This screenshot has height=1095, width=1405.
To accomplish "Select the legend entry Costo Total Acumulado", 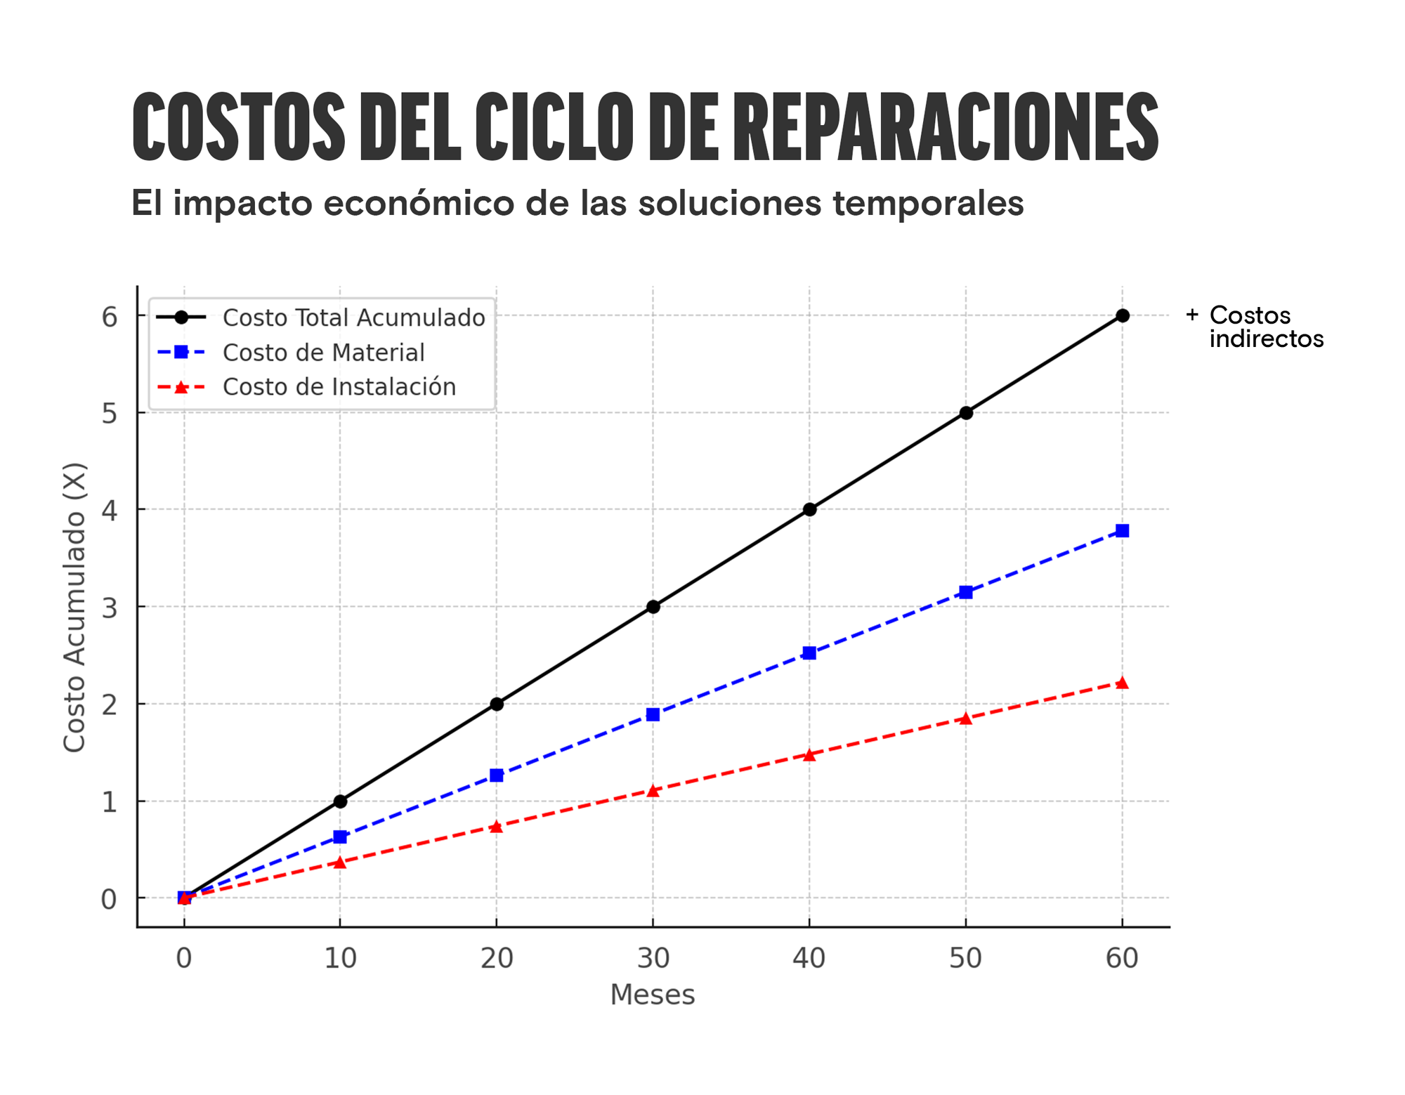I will [x=353, y=317].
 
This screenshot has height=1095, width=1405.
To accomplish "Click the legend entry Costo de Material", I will [x=323, y=353].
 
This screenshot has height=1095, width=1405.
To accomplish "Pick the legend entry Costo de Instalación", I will [x=339, y=387].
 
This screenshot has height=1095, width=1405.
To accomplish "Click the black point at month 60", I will [x=1123, y=316].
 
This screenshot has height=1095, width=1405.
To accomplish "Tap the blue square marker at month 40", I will [x=809, y=653].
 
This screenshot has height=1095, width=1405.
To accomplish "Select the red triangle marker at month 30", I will [x=653, y=791].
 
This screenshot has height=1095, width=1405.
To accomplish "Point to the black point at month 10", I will [x=340, y=801].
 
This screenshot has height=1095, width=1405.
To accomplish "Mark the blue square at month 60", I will [x=1123, y=531].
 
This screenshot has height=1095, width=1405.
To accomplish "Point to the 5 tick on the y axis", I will [x=109, y=414].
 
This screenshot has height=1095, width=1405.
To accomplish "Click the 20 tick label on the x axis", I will [x=497, y=959].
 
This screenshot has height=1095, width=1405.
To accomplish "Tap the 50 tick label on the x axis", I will [x=966, y=959].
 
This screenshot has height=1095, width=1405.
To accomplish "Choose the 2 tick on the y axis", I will [x=109, y=704].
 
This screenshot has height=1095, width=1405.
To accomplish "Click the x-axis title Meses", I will [x=653, y=995].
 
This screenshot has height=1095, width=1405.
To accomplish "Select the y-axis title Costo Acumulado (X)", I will [x=74, y=607].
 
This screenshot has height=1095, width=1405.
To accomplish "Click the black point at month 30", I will [x=653, y=607].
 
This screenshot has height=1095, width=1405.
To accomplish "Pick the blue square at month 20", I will [x=497, y=775].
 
